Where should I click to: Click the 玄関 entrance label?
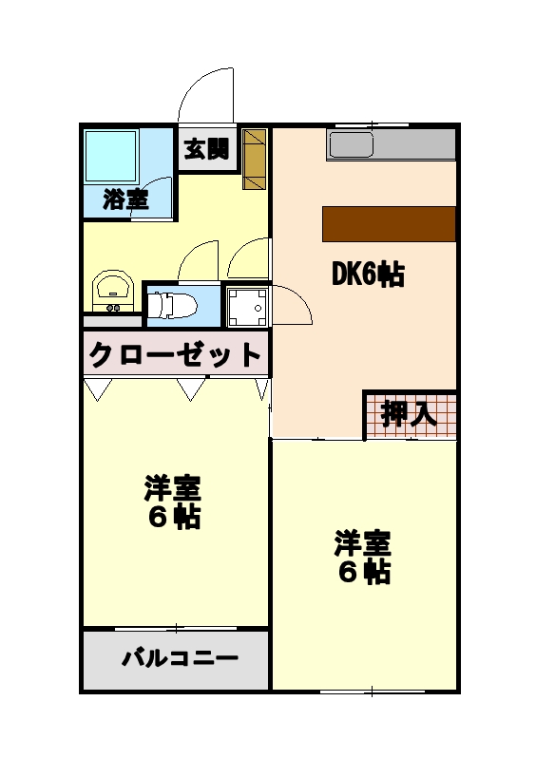click(206, 149)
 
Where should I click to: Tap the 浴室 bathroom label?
click(125, 199)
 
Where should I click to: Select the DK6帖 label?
click(368, 275)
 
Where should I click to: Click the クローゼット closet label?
click(175, 355)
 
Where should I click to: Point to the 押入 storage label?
click(409, 414)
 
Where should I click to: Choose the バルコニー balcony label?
click(179, 658)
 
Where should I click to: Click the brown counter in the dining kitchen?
click(389, 223)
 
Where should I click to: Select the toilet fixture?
click(172, 306)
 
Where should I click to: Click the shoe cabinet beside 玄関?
click(254, 158)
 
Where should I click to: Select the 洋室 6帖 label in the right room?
click(363, 559)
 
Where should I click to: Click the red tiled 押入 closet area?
click(411, 414)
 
